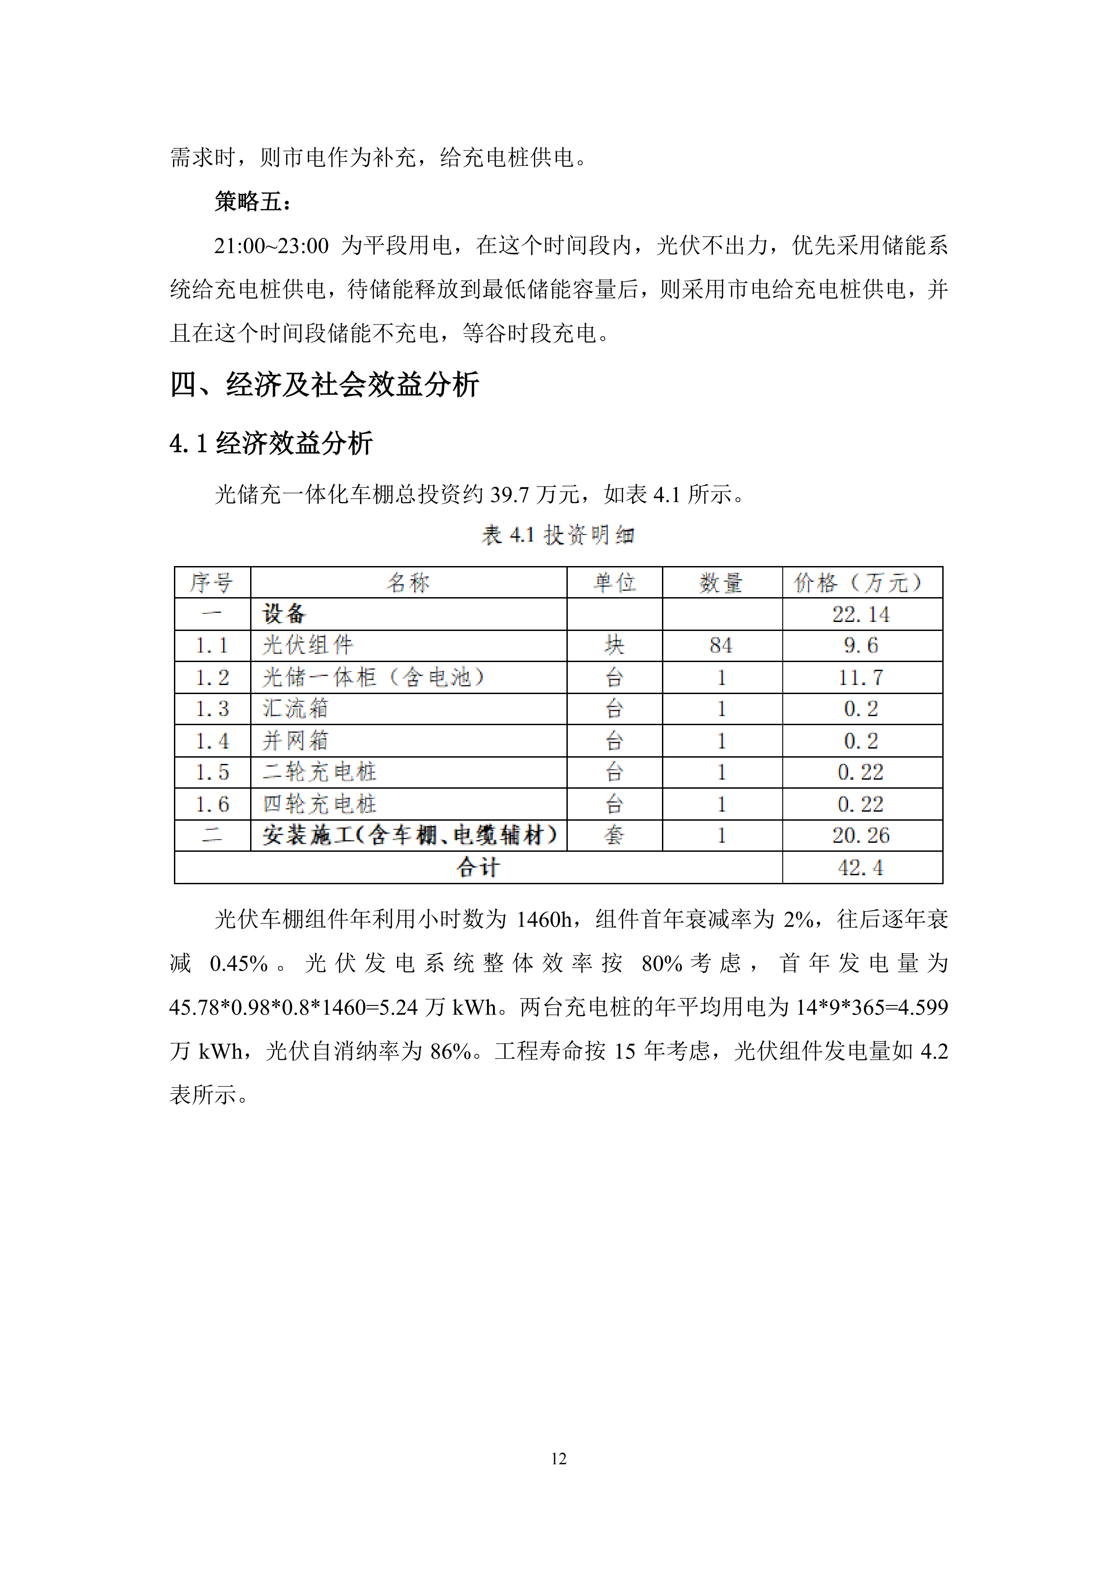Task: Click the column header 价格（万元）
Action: pos(861,583)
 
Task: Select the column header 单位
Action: pos(614,583)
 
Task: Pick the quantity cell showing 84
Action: pos(721,646)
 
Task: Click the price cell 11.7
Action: pos(861,677)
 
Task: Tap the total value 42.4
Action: pos(861,868)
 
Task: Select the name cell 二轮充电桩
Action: pos(319,772)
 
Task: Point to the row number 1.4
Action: pos(212,741)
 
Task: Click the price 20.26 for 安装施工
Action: pos(861,835)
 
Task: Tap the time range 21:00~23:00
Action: pos(271,246)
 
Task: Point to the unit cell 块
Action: pos(614,646)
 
